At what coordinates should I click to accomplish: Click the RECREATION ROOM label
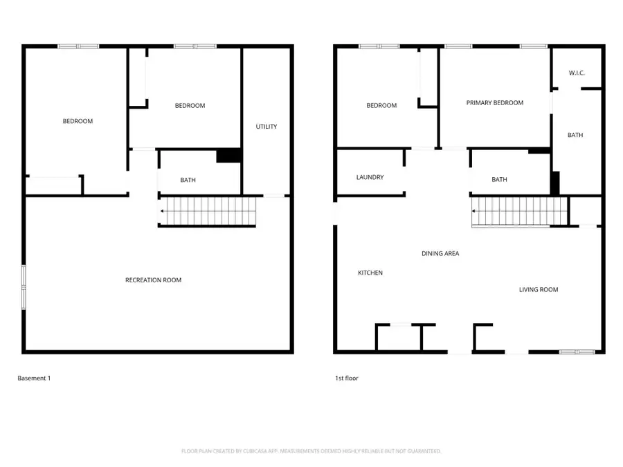[153, 280]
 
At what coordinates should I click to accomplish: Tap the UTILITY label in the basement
[267, 127]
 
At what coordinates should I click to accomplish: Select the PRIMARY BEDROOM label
[494, 103]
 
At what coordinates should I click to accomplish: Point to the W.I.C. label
[577, 73]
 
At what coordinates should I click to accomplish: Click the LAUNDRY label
[370, 178]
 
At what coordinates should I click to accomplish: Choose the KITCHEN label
[370, 273]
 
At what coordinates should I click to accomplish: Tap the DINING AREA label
[440, 254]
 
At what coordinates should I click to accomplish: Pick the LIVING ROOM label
[539, 290]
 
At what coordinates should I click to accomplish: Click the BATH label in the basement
[188, 181]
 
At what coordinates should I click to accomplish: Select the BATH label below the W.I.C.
[575, 136]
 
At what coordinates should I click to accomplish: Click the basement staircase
[208, 211]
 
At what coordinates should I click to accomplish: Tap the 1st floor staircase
[519, 211]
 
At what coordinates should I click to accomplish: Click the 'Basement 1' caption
[34, 378]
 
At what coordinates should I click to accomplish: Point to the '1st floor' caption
[347, 378]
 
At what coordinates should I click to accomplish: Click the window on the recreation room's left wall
[25, 286]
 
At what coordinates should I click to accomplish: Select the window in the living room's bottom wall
[577, 352]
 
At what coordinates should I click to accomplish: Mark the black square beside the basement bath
[228, 156]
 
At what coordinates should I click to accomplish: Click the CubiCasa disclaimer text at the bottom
[311, 451]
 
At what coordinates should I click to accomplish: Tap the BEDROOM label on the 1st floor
[381, 106]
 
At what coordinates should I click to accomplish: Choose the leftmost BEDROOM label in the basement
[78, 122]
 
